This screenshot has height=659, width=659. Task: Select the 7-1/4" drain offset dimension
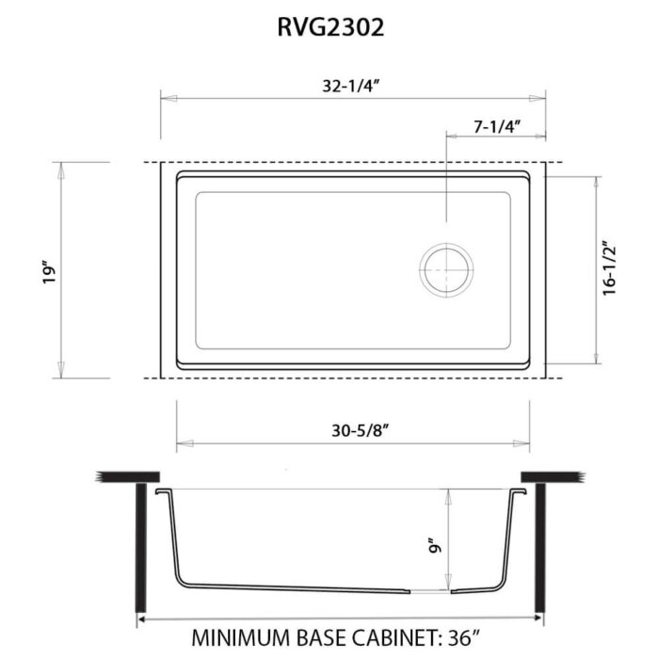click(495, 124)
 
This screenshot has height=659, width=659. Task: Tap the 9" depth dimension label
click(435, 545)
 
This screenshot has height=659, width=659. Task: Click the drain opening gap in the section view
click(432, 592)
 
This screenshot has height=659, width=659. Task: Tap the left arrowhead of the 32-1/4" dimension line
click(165, 96)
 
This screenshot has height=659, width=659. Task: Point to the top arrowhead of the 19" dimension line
click(63, 167)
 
